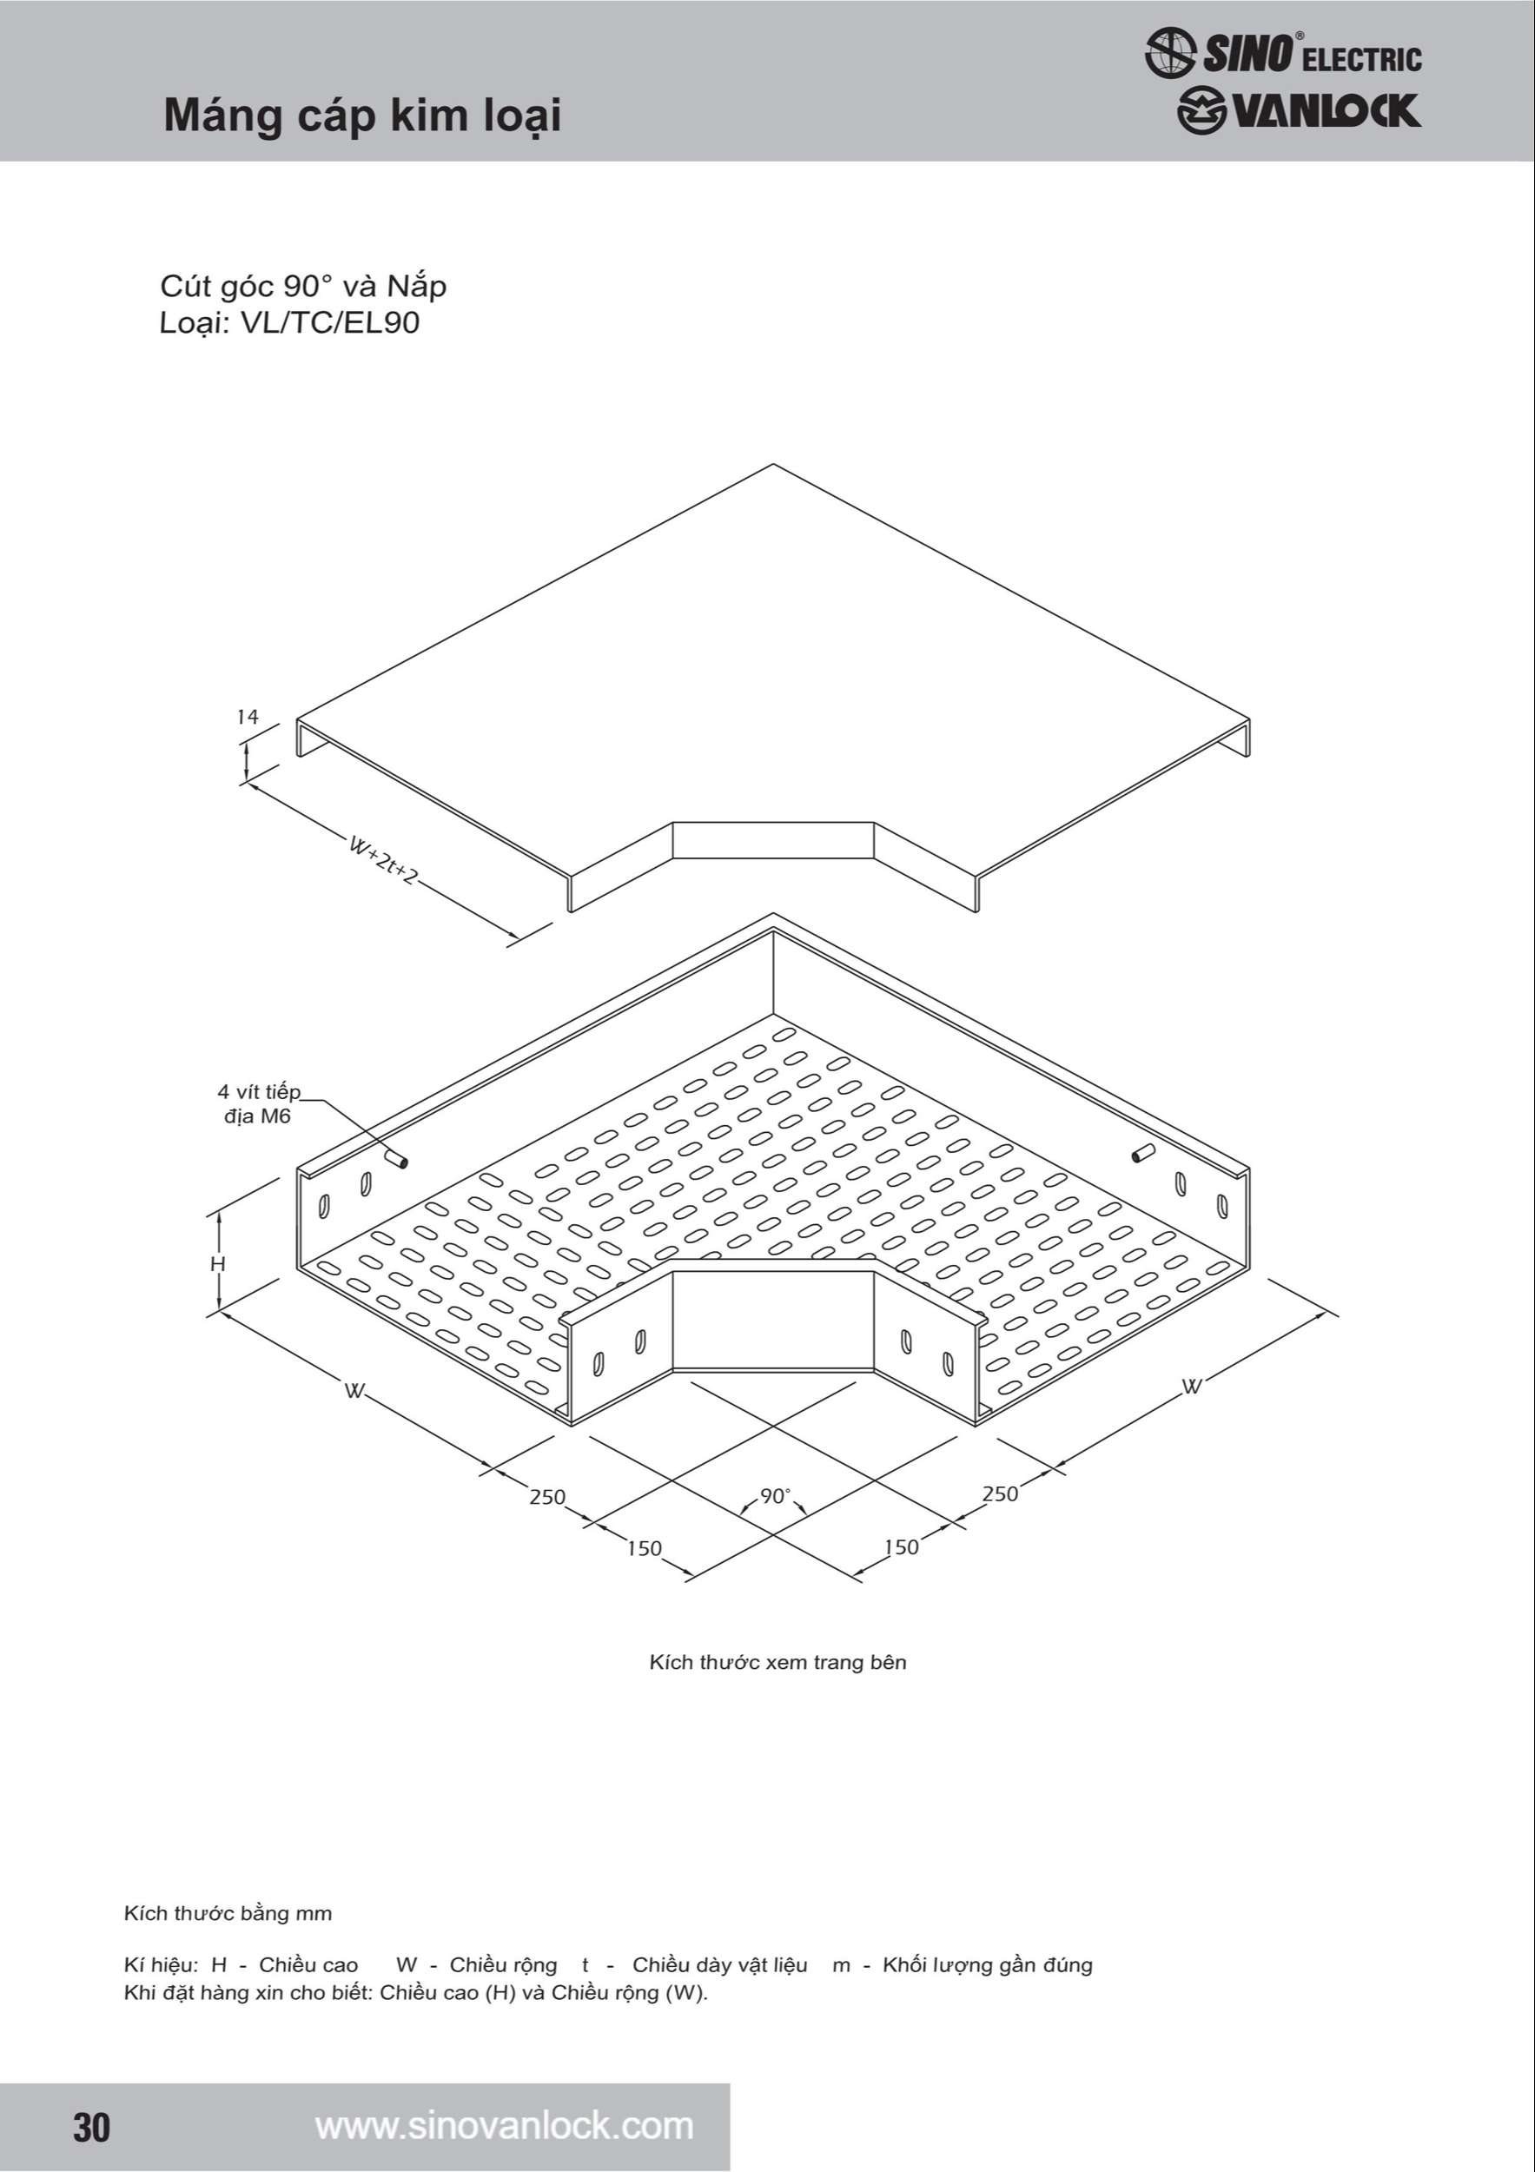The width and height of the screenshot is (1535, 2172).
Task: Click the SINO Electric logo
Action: [x=1282, y=52]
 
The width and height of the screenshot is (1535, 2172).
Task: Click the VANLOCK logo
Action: [x=1299, y=111]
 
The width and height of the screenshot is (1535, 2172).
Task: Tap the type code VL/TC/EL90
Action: [x=330, y=322]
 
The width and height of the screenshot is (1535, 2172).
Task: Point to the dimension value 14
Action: [x=247, y=717]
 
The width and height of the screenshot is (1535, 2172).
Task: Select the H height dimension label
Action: [x=218, y=1264]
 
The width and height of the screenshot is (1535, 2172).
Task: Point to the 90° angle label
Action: [x=775, y=1495]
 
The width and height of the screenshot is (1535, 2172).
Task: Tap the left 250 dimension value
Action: [x=547, y=1497]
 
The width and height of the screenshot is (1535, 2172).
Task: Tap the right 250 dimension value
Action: [x=1000, y=1493]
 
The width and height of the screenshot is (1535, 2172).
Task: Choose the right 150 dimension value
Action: [x=902, y=1546]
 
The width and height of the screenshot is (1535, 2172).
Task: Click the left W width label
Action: [x=354, y=1391]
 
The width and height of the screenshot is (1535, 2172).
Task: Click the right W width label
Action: [x=1193, y=1387]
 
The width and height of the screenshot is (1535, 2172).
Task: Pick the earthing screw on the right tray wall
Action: [x=1143, y=1153]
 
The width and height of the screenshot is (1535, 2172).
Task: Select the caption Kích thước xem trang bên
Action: [x=777, y=1662]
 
